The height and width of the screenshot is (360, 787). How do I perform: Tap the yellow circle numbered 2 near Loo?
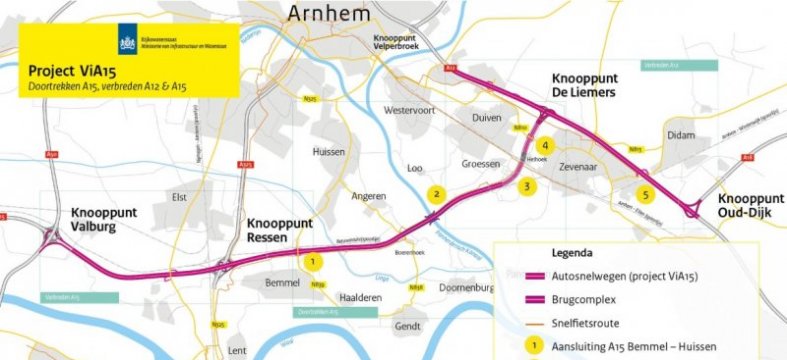[x=435, y=194]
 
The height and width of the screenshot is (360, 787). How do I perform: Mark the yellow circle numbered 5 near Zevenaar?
[x=645, y=194]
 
